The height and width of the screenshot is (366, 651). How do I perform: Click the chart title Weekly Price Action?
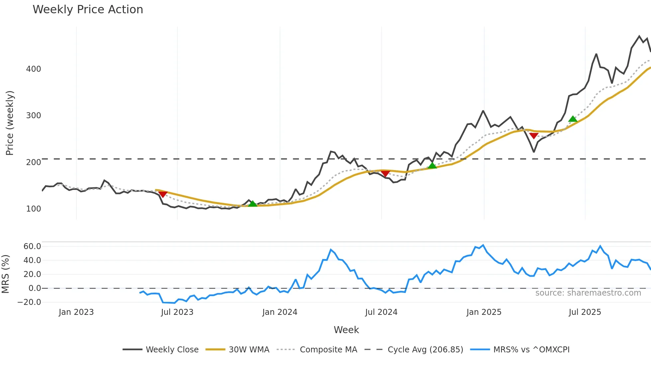tap(88, 10)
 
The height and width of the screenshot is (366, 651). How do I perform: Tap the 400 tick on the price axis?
tap(34, 69)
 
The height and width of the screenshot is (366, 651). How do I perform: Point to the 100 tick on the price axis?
tap(34, 209)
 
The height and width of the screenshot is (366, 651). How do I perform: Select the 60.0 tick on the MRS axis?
tap(32, 246)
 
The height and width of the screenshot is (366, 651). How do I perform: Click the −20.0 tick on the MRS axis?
tap(29, 302)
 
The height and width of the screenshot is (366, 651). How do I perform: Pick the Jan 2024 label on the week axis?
tap(280, 312)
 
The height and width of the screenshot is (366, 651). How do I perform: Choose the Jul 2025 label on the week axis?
tap(585, 312)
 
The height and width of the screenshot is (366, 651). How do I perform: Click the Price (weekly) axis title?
tap(10, 123)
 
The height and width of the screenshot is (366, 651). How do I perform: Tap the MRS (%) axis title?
tap(6, 274)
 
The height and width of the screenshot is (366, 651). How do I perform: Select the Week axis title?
tap(346, 330)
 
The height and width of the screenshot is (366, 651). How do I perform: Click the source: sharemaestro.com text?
tap(588, 293)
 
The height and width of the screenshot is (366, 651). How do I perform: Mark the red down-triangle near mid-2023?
tap(163, 194)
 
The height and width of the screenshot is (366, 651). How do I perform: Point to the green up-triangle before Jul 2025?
tap(573, 119)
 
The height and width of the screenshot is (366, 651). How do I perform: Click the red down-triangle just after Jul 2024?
tap(385, 173)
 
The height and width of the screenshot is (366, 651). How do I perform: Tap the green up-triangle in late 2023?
tap(253, 204)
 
